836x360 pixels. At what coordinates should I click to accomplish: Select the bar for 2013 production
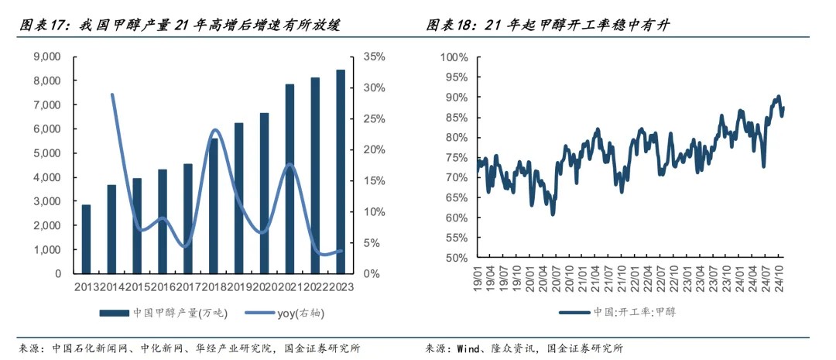(x=87, y=238)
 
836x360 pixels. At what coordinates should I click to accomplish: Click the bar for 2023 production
(x=340, y=171)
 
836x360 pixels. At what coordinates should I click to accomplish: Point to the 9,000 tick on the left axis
(x=49, y=57)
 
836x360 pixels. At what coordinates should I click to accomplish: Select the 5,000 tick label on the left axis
(x=49, y=153)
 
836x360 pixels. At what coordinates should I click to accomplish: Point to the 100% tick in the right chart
(x=454, y=57)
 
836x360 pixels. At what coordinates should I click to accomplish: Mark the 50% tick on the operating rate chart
(x=457, y=258)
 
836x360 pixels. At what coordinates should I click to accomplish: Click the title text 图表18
(x=452, y=26)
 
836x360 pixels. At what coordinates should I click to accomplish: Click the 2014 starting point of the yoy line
(x=112, y=94)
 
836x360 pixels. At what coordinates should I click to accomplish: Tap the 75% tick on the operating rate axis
(x=457, y=157)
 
